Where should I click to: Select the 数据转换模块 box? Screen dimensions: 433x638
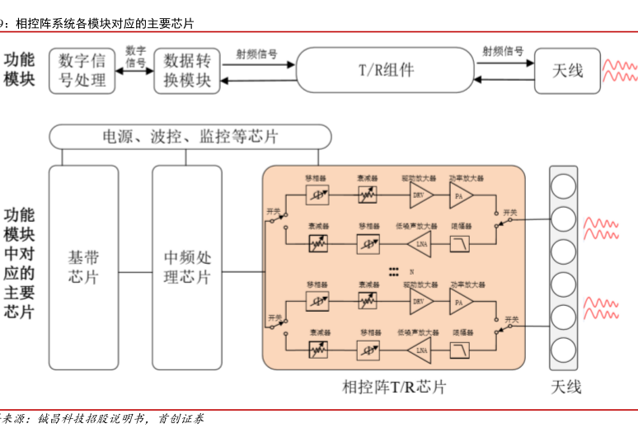pos(188,70)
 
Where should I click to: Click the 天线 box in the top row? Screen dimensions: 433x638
pos(567,70)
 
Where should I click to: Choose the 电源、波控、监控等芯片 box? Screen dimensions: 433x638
pos(190,136)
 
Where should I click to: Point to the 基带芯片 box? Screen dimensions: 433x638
pos(83,267)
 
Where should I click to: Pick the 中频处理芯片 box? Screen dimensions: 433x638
pos(187,267)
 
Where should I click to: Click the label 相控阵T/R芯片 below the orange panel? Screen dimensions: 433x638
pos(393,387)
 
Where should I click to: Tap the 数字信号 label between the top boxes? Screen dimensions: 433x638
pos(136,56)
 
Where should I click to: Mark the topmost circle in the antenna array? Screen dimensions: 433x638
pos(563,186)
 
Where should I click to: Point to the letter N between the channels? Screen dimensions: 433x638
pos(410,271)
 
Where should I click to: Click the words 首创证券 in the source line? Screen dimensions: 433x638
pos(181,419)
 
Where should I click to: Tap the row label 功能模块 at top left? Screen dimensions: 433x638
pos(19,70)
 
